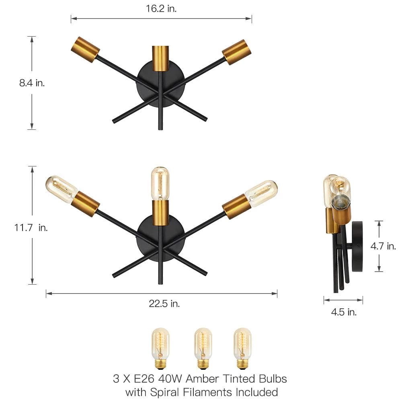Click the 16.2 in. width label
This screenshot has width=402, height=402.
coord(161,8)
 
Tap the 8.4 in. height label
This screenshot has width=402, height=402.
coord(32,83)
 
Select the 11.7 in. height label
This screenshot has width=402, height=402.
coord(31,228)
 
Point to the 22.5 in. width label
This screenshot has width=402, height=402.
coord(164,304)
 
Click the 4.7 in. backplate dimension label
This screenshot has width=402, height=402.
coord(383,246)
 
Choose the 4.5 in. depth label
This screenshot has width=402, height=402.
coord(344,312)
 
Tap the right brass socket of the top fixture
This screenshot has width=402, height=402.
coord(237,52)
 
